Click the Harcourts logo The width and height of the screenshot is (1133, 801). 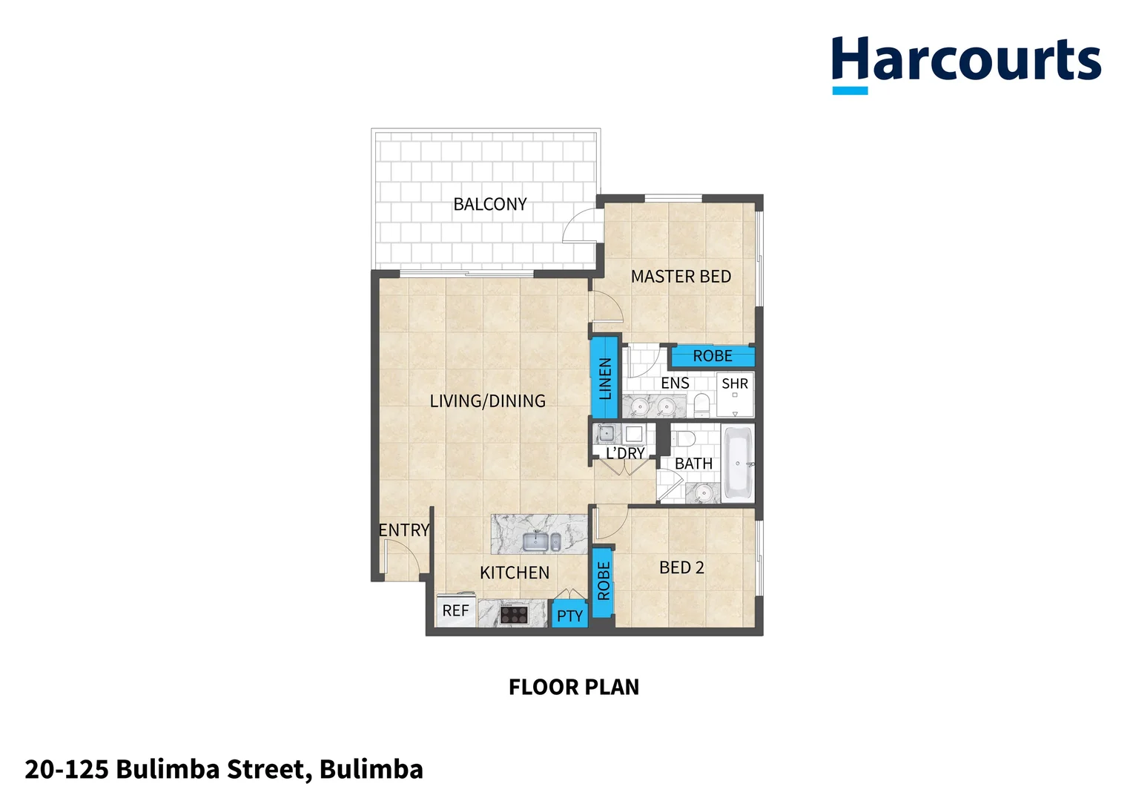point(965,62)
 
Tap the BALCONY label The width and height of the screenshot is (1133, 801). point(489,204)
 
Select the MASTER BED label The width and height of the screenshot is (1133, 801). point(681,277)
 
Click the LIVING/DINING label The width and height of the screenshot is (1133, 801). point(487,401)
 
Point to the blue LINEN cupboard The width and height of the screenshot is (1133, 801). point(605,378)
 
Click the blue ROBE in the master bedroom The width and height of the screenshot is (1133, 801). point(713,357)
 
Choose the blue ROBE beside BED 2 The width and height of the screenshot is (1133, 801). point(604,581)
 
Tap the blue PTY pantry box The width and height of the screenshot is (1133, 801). point(569,616)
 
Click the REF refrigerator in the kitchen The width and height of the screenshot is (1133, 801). point(455,611)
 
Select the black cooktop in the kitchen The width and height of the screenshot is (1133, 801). point(514,615)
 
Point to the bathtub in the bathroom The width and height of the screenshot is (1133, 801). point(738,464)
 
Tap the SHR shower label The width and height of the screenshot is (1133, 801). point(735,384)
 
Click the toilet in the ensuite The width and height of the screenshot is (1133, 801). point(701,404)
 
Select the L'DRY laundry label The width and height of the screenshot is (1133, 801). point(625,453)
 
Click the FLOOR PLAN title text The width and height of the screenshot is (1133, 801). point(573,688)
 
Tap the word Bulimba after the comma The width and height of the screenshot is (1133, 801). point(371,770)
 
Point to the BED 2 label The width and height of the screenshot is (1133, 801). point(681,568)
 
